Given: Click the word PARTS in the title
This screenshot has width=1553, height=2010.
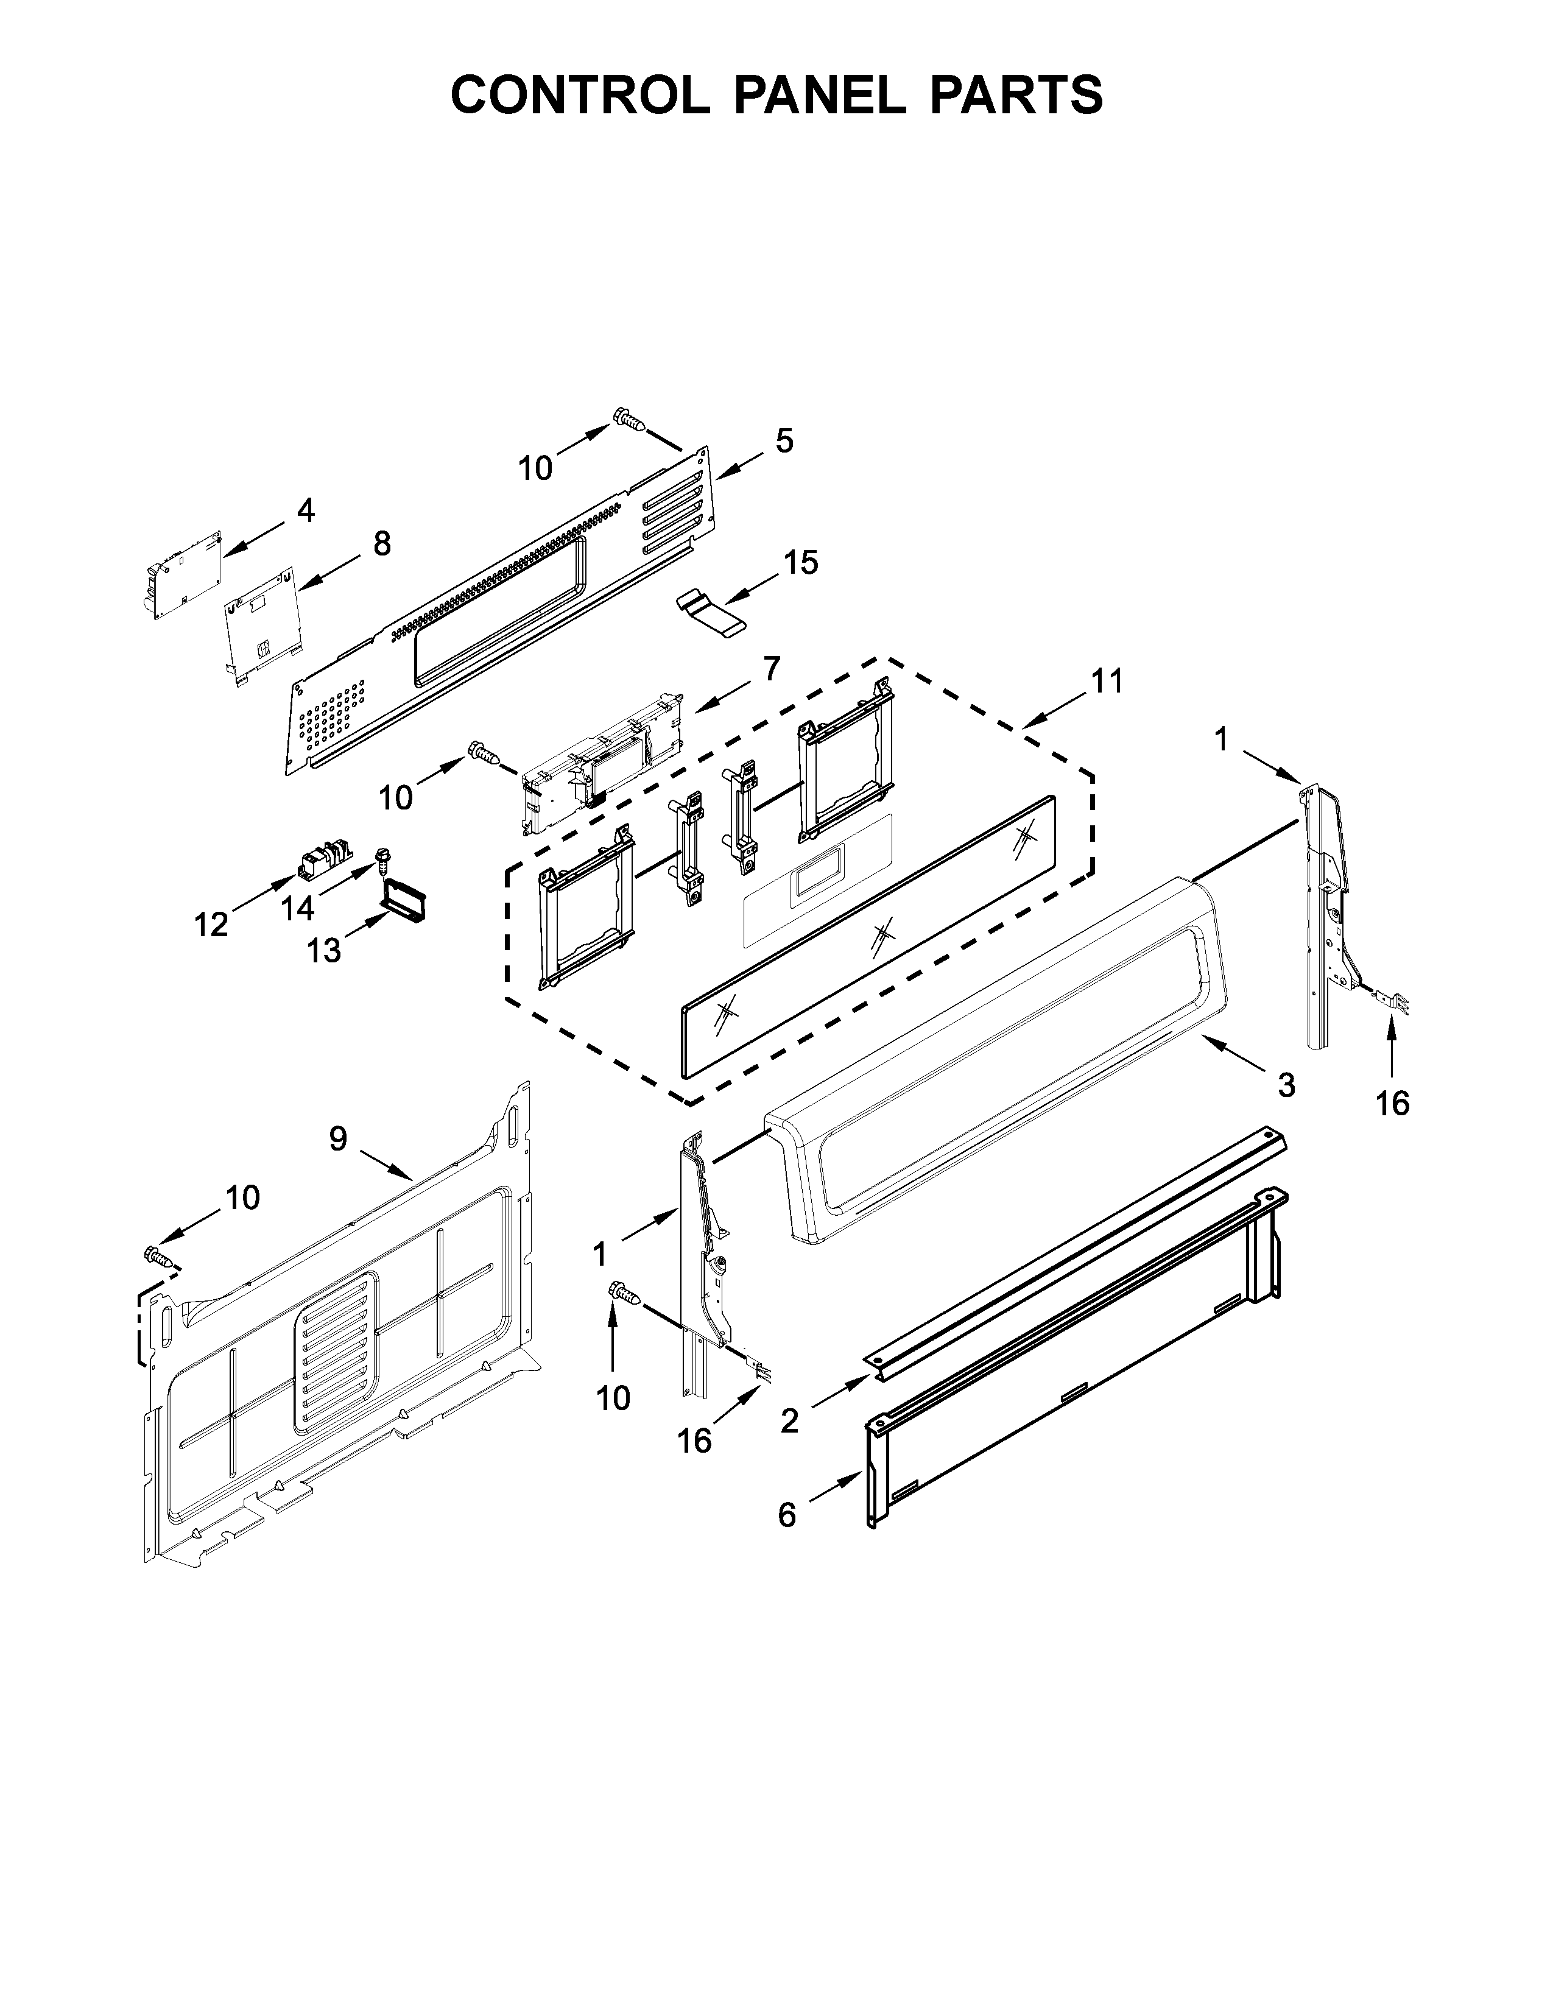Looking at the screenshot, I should (x=1014, y=94).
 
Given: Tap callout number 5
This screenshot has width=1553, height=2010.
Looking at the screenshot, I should (x=783, y=441).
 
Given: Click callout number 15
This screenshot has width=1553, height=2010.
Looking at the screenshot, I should (x=801, y=562).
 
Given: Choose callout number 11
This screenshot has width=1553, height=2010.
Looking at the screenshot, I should (x=1107, y=682).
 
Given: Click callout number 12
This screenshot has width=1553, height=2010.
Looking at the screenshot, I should (x=211, y=924).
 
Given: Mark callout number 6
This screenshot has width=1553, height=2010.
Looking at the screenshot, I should (x=787, y=1514).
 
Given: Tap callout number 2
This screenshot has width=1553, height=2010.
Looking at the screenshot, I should (x=789, y=1422).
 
